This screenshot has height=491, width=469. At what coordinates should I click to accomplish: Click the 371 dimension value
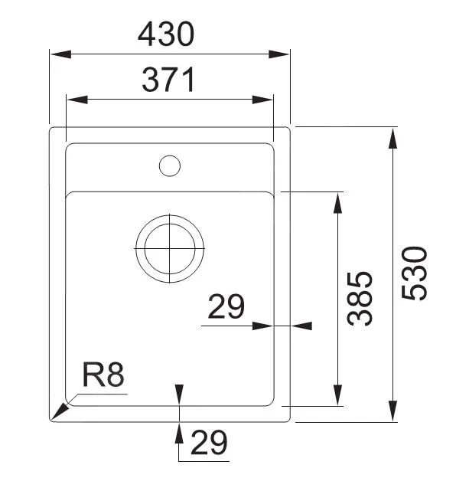coord(169,80)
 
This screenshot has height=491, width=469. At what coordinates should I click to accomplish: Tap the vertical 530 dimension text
coord(414,273)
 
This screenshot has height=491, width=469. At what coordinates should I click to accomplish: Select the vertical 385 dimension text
coord(360,299)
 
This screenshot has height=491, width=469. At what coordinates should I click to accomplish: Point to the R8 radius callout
coord(103,376)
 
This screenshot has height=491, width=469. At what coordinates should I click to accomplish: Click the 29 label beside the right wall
coord(226,307)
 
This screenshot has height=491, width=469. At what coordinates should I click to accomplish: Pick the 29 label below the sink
coord(208,443)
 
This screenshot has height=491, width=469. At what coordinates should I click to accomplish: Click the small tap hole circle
coord(169,165)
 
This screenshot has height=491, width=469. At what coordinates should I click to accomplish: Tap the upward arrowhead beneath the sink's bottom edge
coord(178,432)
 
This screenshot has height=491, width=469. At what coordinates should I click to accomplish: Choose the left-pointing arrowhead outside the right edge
coord(301,326)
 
